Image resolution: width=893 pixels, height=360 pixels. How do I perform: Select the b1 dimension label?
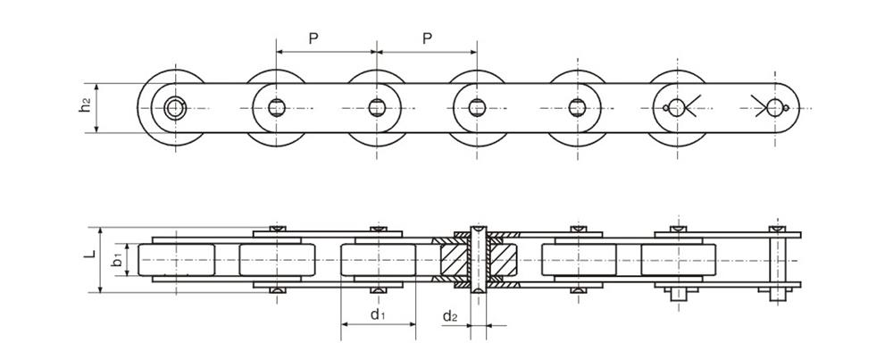(116, 260)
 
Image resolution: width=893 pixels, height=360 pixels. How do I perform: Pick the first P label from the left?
(313, 38)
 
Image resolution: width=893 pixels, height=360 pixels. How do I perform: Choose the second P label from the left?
(427, 38)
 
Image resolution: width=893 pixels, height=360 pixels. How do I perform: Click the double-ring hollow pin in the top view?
(174, 108)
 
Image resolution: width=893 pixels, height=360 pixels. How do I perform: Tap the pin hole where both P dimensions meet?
(376, 108)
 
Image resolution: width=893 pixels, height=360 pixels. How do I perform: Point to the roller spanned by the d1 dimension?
(377, 260)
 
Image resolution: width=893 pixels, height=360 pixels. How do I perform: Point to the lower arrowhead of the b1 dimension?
(126, 272)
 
